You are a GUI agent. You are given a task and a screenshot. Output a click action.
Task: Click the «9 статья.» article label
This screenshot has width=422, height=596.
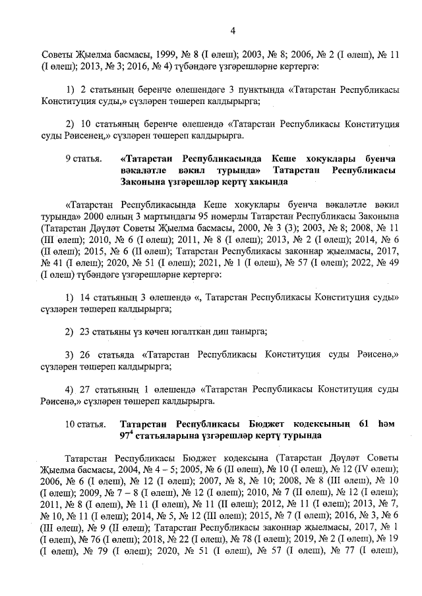(84, 159)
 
